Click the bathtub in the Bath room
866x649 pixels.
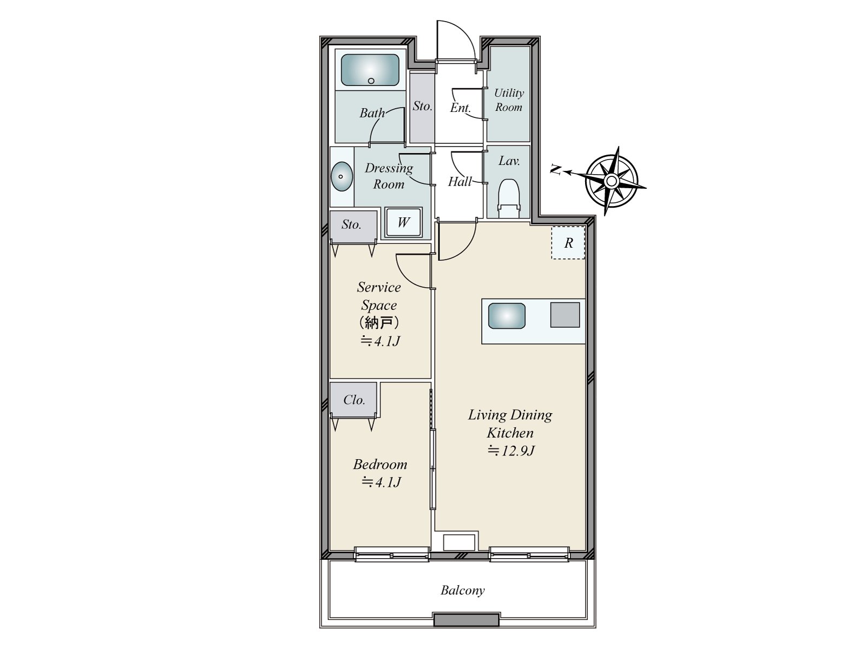370,70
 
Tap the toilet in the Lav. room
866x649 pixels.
508,198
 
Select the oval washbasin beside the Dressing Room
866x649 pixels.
342,176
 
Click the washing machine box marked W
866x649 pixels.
403,222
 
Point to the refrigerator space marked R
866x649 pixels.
568,243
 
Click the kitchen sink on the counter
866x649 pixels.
507,316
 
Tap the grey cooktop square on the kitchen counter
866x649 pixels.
565,315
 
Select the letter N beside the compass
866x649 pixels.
556,170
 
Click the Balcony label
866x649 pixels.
462,590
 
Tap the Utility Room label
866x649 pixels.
509,100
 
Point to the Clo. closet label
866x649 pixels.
354,400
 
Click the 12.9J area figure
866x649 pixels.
511,451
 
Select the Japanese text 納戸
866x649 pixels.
379,323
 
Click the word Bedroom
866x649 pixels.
380,464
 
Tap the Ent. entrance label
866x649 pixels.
461,108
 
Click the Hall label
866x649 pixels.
460,182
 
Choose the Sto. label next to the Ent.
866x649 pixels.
423,106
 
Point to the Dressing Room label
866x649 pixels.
389,176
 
